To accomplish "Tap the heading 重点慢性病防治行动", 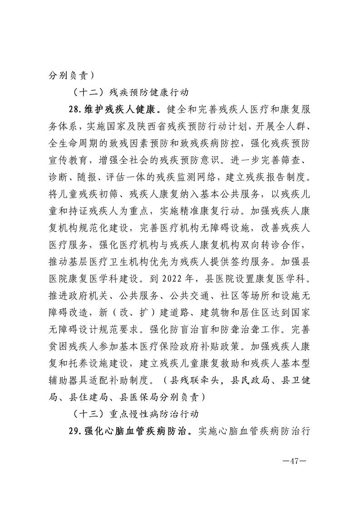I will click(x=153, y=414).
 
